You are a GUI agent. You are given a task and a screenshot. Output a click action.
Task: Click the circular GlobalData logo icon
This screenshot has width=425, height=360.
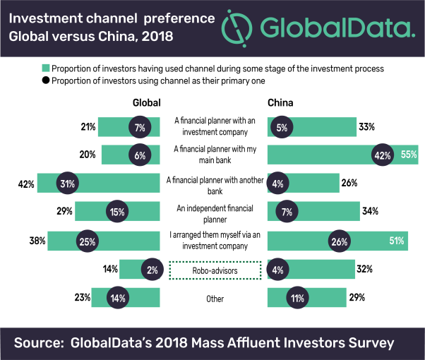[237, 28]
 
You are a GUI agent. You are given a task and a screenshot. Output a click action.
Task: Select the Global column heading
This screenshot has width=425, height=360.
[147, 103]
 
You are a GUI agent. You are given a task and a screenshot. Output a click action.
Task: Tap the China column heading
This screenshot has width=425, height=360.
[280, 103]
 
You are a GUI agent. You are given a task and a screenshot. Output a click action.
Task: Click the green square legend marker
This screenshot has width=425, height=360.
[46, 68]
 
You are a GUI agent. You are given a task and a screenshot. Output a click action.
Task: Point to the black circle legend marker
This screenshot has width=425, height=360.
[46, 80]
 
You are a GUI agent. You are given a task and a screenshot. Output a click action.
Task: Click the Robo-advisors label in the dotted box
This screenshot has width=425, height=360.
[215, 270]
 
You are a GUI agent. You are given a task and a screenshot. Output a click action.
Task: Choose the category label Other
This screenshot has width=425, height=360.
[215, 299]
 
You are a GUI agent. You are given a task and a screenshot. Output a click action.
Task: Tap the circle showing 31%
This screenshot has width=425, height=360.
[68, 183]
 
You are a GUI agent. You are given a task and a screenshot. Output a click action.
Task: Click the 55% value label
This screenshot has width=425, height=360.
[409, 155]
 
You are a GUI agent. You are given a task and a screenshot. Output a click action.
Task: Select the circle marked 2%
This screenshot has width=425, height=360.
[152, 269]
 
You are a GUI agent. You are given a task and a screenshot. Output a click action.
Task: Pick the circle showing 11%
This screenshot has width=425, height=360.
[297, 298]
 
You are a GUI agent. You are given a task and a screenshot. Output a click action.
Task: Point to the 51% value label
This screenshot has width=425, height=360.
[397, 241]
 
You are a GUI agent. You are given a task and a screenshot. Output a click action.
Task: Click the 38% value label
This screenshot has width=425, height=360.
[37, 241]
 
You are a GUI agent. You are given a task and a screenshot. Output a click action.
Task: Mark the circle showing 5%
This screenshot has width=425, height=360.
[282, 127]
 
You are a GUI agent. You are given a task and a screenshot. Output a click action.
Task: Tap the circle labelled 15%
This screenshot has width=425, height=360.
[117, 211]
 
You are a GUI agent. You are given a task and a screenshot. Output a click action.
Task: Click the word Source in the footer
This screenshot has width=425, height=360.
[39, 342]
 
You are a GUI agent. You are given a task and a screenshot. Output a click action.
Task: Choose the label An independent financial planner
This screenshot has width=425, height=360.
[215, 214]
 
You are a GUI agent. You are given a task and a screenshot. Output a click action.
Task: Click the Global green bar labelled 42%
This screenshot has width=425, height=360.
[98, 183]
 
